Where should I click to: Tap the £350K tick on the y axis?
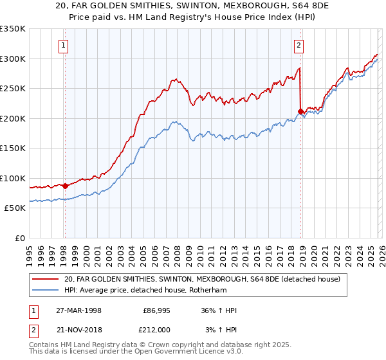coord(13,29)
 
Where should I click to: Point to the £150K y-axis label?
coord(13,148)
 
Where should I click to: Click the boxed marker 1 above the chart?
coord(64,45)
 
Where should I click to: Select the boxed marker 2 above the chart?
coord(300,45)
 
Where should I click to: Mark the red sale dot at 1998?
coord(65,186)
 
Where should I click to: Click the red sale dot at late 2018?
coord(300,111)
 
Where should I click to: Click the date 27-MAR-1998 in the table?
coord(80,310)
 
